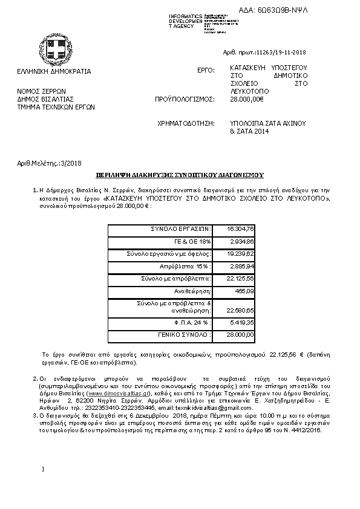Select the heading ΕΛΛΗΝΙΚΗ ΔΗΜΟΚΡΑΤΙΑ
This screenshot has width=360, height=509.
click(x=54, y=71)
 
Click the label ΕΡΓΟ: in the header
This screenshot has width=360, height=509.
click(x=206, y=71)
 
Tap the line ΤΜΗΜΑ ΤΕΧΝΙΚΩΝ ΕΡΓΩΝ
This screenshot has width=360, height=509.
click(x=56, y=106)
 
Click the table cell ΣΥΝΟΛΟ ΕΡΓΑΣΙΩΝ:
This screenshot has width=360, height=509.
click(x=181, y=229)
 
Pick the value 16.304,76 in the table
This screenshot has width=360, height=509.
click(x=240, y=229)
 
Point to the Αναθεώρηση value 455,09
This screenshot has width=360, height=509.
click(x=244, y=291)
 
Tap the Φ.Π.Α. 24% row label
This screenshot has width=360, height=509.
click(x=194, y=323)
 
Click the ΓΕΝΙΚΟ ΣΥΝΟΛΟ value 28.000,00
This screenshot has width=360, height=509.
click(x=241, y=334)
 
